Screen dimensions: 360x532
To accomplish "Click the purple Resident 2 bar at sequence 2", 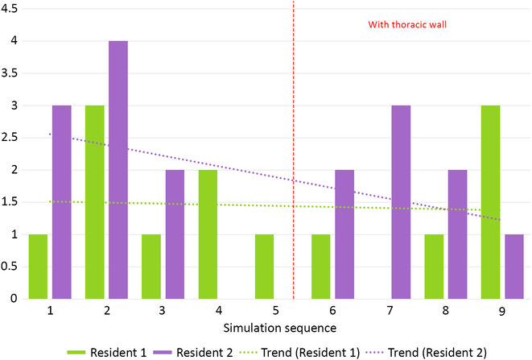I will (117, 169).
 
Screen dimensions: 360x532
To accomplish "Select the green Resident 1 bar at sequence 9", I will (492, 201).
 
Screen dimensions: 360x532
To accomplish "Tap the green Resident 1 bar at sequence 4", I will (208, 234).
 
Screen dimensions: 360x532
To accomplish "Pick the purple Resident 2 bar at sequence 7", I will (401, 201).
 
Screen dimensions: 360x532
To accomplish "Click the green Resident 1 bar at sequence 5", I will (265, 266).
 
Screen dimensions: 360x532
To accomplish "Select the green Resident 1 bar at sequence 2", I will (94, 201).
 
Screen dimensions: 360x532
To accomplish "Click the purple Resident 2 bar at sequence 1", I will (60, 201).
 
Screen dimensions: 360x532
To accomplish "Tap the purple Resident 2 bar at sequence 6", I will (344, 234).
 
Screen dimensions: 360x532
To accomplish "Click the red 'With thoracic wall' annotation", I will (407, 25).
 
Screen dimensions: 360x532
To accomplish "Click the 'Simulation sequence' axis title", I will (276, 328).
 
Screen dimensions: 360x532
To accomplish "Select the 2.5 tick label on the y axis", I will (11, 137).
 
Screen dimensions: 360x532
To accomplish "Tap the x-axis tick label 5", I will (276, 310).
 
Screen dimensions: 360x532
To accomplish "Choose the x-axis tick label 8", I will (447, 310).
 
